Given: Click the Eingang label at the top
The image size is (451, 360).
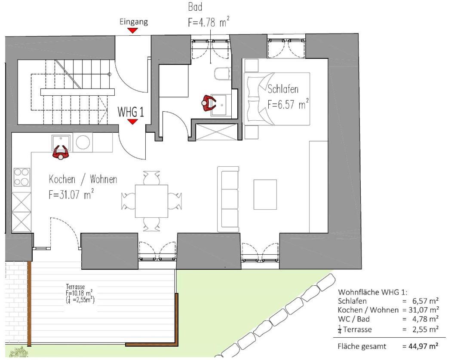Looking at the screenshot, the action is coord(134,22).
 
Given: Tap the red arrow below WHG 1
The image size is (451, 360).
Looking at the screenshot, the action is coord(132,122).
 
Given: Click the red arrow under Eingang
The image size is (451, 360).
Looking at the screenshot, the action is coord(132,31).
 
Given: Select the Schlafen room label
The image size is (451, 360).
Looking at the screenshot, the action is coord(283,89).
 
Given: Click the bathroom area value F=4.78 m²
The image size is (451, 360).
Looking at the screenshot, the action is coord(209,21).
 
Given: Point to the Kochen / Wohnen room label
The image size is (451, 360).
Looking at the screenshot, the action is coord(83,179).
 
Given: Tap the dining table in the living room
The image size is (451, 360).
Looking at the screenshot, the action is coord(152,201).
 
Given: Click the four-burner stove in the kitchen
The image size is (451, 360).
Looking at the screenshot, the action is coord(22,177).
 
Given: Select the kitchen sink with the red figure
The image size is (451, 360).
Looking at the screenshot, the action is coord(61,143).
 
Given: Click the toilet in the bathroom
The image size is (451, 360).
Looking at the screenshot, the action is coord(223,73).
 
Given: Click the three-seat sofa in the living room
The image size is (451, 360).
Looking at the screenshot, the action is coord(228,199).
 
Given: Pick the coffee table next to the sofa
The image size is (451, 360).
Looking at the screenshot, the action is coord(265,195).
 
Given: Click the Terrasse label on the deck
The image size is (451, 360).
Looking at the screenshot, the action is coord(75,287).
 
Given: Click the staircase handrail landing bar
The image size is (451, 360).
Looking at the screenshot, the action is coord(78,92).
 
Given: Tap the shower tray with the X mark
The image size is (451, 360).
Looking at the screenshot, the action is coord(217,132).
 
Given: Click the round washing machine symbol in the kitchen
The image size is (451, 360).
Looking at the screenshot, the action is coord(83,143).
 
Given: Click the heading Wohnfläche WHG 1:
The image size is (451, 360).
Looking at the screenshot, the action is coord(373,292).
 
